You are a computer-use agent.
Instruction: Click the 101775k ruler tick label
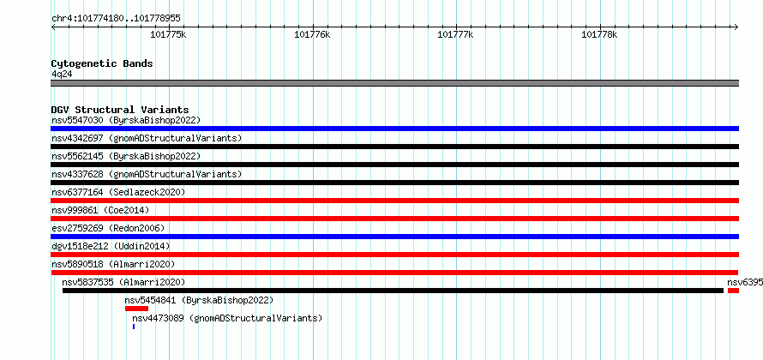[168, 34]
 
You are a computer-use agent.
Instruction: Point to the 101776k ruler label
[312, 34]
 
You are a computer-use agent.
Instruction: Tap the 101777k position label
[455, 34]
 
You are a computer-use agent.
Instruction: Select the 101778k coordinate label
[599, 34]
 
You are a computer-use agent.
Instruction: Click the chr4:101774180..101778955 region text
[117, 19]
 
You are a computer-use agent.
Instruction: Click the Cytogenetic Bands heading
[102, 63]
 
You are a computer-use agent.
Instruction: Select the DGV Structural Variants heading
[120, 110]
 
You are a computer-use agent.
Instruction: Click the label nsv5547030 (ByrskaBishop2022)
[126, 120]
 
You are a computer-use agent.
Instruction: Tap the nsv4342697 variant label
[77, 138]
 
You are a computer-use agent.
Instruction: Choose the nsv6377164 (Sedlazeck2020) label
[118, 192]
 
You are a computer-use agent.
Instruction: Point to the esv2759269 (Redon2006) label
[108, 228]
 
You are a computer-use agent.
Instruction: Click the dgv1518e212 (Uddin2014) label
[111, 246]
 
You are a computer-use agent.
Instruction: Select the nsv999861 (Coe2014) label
[100, 210]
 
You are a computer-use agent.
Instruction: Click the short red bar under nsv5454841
[136, 309]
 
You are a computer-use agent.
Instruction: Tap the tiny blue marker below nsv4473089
[134, 327]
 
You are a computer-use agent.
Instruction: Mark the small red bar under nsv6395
[733, 291]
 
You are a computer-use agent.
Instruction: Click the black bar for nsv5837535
[394, 291]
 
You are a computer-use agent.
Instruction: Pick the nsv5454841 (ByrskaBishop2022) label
[200, 300]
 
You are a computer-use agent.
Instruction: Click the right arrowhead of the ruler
[736, 27]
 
